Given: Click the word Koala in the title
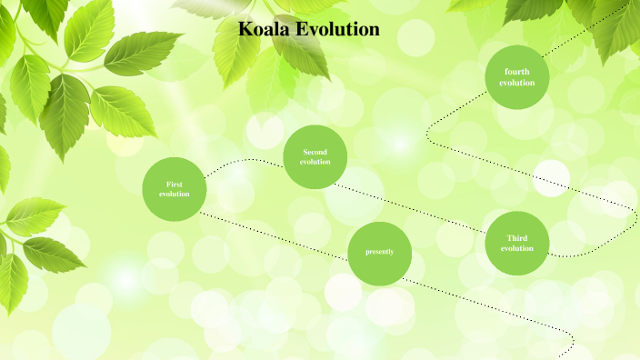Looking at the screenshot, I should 264,29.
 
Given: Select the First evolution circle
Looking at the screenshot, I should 175,189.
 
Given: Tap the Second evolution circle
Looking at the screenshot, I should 315,156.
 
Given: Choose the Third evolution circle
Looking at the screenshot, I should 516,243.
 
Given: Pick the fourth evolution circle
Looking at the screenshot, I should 516,77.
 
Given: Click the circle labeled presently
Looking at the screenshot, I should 380,253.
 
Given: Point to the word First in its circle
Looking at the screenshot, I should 175,185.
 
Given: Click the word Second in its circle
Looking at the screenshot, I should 315,152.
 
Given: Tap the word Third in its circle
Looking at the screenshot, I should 516,238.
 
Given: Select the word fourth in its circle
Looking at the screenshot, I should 516,72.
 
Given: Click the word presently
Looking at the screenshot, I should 380,252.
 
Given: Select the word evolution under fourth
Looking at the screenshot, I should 516,83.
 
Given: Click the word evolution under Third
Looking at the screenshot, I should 516,248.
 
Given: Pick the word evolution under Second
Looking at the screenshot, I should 315,162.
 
